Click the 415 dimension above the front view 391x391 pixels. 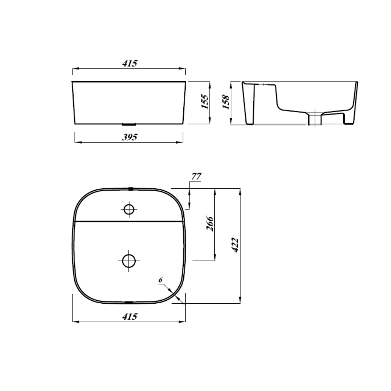tap(130, 63)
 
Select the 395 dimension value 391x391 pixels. tap(130, 137)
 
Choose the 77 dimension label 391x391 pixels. tap(196, 176)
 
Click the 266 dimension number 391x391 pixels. tap(209, 224)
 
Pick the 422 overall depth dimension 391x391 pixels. tap(234, 245)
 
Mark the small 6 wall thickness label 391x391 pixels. tap(160, 280)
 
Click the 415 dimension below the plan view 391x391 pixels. tap(130, 317)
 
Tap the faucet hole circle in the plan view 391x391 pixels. tap(129, 209)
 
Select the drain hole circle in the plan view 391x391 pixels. tap(129, 260)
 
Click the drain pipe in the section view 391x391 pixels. tap(315, 118)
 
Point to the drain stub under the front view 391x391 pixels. tap(129, 124)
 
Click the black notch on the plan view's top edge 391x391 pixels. tap(130, 188)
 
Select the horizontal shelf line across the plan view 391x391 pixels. tap(129, 221)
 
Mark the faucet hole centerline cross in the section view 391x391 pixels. tap(264, 84)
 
